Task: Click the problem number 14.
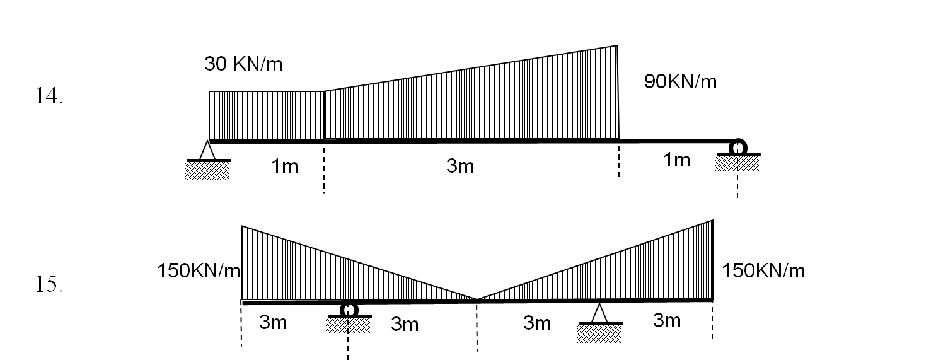[x=49, y=96]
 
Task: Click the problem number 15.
[x=49, y=285]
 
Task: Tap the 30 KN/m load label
[x=243, y=64]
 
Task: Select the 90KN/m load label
[x=680, y=82]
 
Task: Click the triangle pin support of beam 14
[x=207, y=151]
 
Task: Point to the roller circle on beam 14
[x=737, y=147]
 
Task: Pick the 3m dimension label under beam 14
[x=460, y=166]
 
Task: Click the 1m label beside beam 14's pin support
[x=285, y=166]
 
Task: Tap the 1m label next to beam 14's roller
[x=677, y=160]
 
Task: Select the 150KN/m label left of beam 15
[x=199, y=271]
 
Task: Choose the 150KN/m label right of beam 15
[x=763, y=271]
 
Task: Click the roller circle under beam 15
[x=349, y=310]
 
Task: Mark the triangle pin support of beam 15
[x=599, y=313]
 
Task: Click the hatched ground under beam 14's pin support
[x=207, y=171]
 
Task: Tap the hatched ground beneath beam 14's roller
[x=737, y=164]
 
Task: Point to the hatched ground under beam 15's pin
[x=599, y=334]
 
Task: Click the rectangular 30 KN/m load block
[x=266, y=115]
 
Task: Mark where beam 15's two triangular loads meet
[x=477, y=299]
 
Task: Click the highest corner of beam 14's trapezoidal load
[x=616, y=46]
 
